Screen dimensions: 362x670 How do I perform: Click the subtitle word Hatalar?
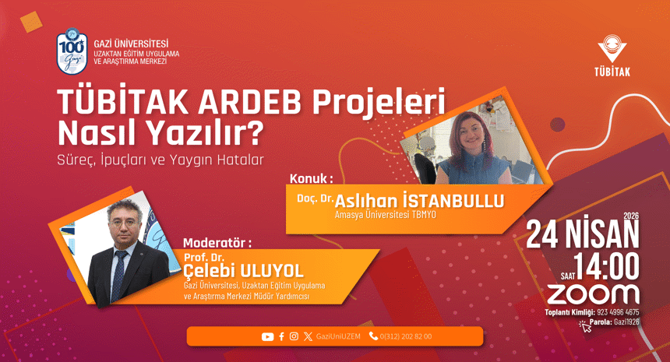242,158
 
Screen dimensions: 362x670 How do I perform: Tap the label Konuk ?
311,178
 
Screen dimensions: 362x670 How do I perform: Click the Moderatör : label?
217,243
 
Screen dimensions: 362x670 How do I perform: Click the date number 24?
546,232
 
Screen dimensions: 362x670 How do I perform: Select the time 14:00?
607,266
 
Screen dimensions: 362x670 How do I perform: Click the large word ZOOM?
592,293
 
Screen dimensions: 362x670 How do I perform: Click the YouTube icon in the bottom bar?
267,336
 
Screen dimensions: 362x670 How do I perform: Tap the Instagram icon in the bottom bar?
294,336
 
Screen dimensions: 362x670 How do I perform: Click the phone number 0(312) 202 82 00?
404,336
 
